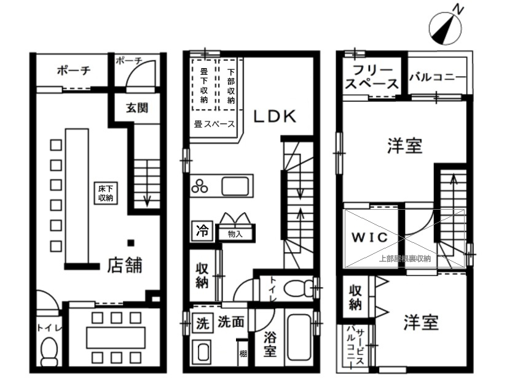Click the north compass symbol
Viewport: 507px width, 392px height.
[x=445, y=29]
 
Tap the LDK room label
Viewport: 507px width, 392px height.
[x=275, y=116]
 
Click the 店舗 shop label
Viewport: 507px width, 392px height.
[x=125, y=266]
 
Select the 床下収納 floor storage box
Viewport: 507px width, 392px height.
[x=106, y=193]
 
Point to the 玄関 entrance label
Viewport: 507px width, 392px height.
[x=137, y=108]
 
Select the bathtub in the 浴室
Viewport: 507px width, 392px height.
[x=299, y=337]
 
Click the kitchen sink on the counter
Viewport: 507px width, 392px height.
[x=235, y=186]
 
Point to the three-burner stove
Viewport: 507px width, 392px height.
[x=200, y=186]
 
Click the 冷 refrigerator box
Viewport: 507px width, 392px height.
[x=202, y=231]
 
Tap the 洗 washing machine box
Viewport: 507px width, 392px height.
[x=202, y=323]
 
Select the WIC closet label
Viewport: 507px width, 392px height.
[x=369, y=237]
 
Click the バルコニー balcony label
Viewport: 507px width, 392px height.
[x=438, y=77]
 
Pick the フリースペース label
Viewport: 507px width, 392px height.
[x=372, y=77]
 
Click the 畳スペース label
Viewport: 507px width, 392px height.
[x=214, y=124]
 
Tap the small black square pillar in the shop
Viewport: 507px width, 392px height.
[x=131, y=243]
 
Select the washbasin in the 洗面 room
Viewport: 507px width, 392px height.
[x=203, y=352]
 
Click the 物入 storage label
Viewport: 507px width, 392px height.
[x=235, y=234]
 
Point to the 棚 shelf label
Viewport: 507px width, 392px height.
[x=243, y=354]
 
